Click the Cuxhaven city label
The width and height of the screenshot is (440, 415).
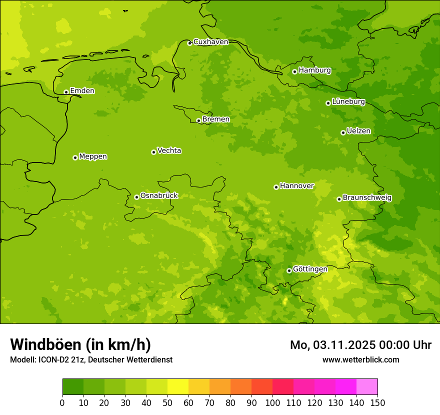point(210,42)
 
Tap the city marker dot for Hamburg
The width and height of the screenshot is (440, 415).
point(294,71)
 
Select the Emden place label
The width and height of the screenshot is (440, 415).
point(82,91)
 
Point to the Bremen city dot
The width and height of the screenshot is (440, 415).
point(198,120)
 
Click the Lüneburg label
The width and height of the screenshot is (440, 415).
point(348,102)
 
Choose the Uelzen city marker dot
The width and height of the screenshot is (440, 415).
point(343,132)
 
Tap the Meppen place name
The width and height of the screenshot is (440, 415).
point(93,156)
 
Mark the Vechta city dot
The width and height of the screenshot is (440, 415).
point(153,152)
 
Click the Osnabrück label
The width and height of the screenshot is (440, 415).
point(159,195)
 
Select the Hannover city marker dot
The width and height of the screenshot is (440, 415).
point(276,187)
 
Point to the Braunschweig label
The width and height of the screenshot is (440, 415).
point(367,198)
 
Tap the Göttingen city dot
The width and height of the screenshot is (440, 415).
point(289,270)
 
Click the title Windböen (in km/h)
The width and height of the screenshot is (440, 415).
point(80,344)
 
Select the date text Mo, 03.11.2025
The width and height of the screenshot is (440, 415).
point(339,345)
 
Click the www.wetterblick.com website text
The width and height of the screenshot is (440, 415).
point(360,360)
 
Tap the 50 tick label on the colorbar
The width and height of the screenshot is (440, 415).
point(167,403)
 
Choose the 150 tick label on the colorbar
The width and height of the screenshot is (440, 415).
point(377,403)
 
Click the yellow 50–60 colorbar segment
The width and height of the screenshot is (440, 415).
point(178,387)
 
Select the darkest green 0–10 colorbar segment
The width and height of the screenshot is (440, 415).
point(73,387)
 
